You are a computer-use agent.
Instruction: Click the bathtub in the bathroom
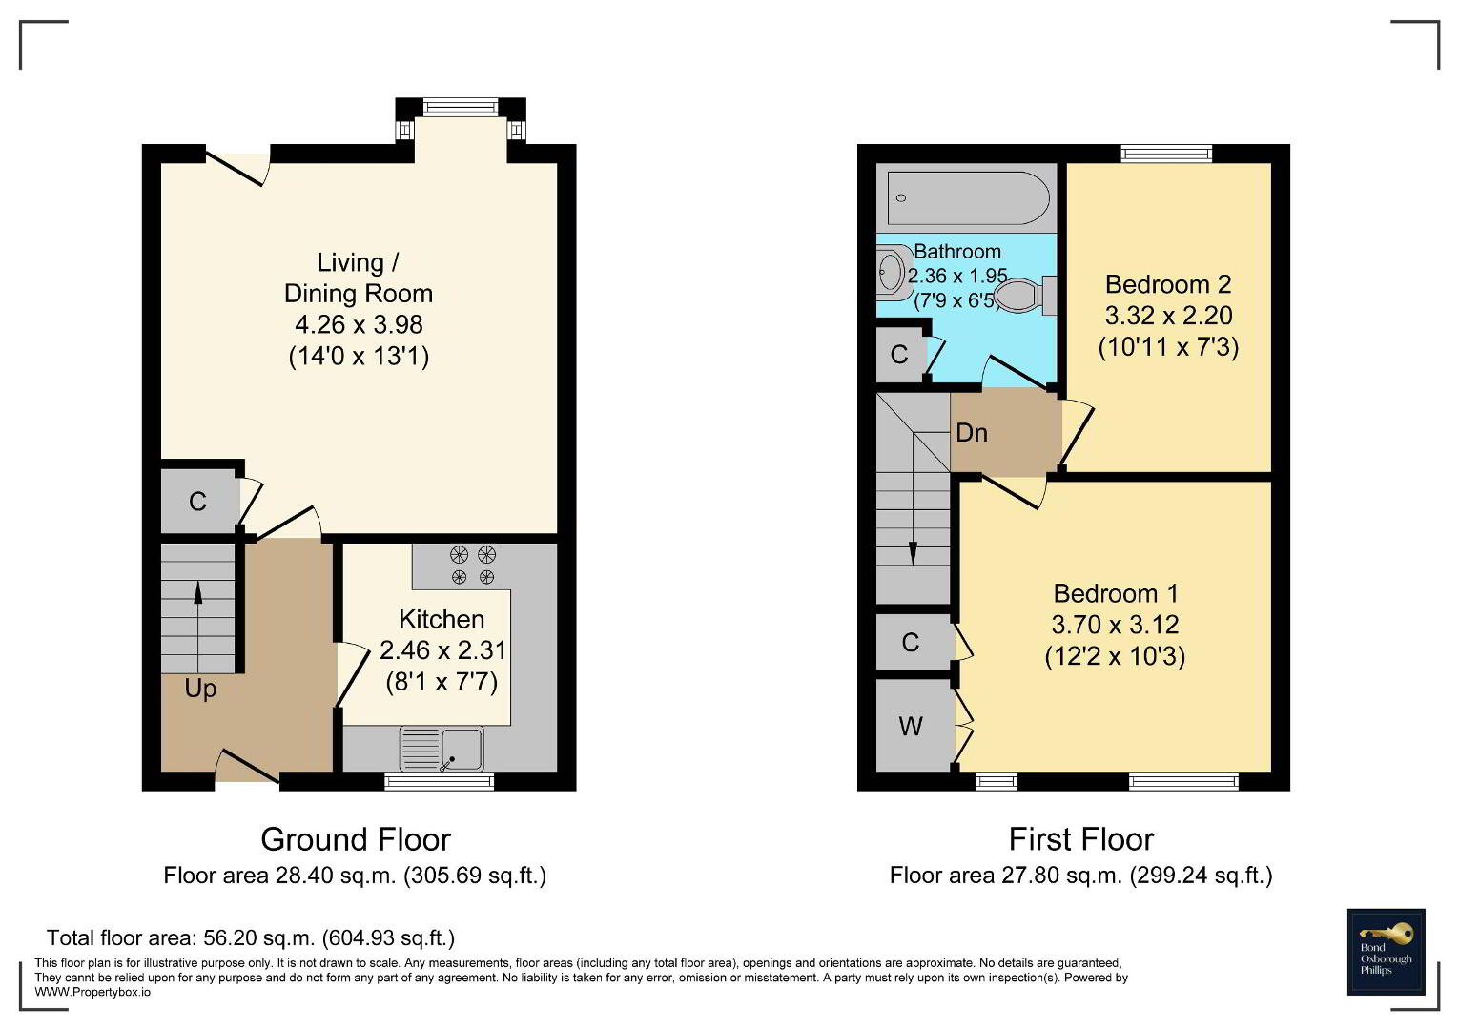(x=968, y=198)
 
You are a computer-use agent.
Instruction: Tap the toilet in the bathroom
(x=1024, y=296)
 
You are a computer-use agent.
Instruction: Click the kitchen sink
(x=442, y=749)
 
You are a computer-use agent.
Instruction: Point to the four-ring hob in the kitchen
(x=473, y=566)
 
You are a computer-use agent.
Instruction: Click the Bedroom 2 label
(x=1168, y=284)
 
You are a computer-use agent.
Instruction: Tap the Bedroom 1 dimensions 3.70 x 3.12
(x=1115, y=625)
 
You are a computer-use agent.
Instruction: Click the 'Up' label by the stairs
(x=200, y=690)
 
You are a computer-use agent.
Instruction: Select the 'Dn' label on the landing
(x=972, y=433)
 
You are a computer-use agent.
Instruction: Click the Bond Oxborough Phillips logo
(x=1387, y=952)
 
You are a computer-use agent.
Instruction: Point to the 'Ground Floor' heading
(x=356, y=839)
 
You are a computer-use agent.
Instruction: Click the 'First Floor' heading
(x=1081, y=839)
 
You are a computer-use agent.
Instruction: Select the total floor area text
(x=251, y=938)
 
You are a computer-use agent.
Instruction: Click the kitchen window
(x=440, y=781)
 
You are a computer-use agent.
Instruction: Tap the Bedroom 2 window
(x=1166, y=154)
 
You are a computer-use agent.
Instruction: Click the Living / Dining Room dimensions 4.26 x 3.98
(x=359, y=324)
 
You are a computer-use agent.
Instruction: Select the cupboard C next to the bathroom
(x=899, y=355)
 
